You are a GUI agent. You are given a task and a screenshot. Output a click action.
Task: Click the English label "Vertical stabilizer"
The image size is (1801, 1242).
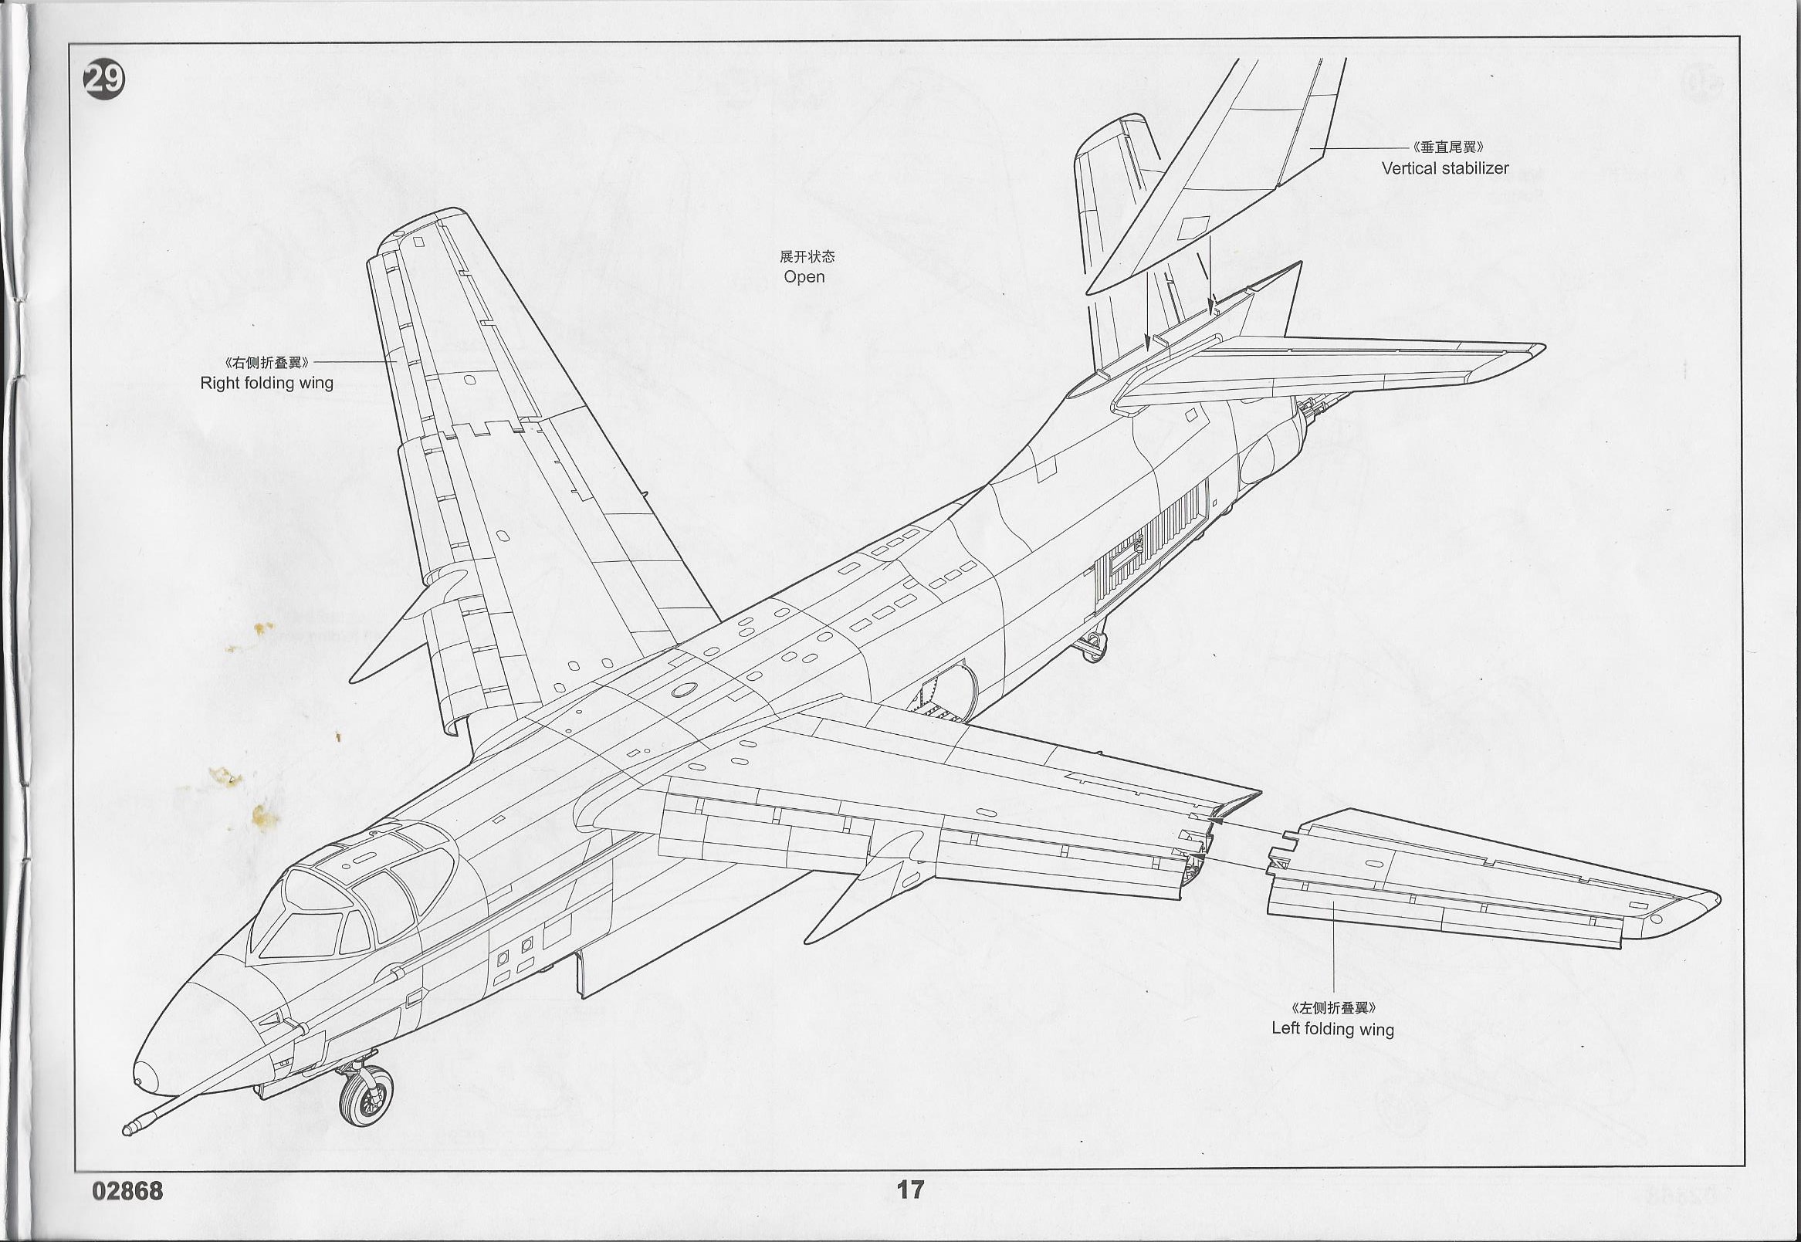1444,168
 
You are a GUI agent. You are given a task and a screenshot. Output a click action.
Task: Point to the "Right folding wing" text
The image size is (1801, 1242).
267,383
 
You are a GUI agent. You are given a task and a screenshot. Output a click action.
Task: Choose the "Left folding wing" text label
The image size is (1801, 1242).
1332,1029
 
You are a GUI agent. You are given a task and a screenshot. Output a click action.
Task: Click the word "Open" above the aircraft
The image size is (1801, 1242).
804,277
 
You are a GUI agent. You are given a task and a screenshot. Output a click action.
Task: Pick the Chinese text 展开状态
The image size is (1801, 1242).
801,257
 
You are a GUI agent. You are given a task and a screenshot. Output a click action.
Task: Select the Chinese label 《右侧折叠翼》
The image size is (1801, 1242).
268,363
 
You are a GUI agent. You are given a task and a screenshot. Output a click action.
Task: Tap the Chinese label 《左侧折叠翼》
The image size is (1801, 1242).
1332,1009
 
